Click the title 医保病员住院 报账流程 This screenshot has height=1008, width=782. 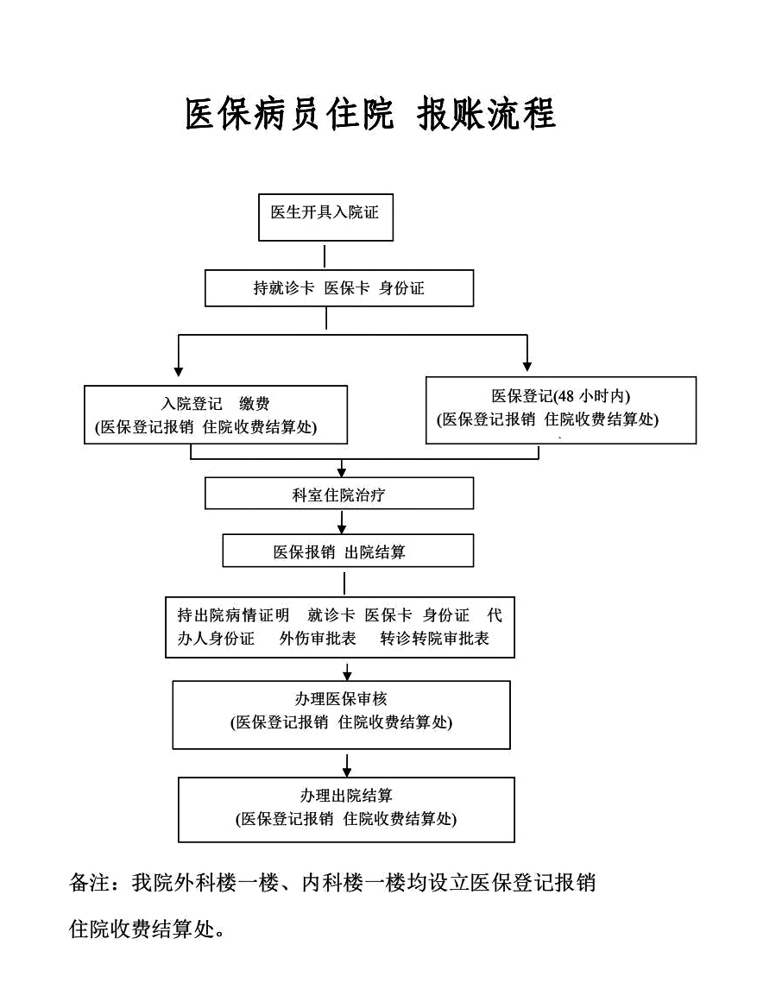click(x=370, y=115)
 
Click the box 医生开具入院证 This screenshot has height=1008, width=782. click(x=325, y=217)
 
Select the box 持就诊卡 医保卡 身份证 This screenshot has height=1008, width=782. click(x=339, y=288)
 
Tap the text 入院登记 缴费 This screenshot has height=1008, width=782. click(x=216, y=404)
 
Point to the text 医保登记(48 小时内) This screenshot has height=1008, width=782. click(x=561, y=396)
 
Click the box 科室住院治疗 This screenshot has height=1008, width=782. click(x=339, y=493)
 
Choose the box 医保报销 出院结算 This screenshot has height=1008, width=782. click(x=348, y=551)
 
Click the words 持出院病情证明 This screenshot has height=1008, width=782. click(x=233, y=615)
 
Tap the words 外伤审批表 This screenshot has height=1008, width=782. click(x=318, y=639)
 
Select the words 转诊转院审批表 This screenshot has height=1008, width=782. click(x=435, y=639)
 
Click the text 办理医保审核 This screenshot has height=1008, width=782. click(x=342, y=699)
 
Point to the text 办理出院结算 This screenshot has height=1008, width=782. click(x=347, y=795)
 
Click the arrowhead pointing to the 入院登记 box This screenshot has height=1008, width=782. click(x=179, y=372)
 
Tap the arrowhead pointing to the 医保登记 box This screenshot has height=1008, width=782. click(x=527, y=367)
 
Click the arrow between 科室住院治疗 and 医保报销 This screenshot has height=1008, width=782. click(x=342, y=521)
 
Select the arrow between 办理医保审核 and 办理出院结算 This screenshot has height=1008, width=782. click(x=347, y=763)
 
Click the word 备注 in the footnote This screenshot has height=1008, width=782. click(x=90, y=883)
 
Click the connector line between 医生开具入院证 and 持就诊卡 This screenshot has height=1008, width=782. click(x=325, y=255)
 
